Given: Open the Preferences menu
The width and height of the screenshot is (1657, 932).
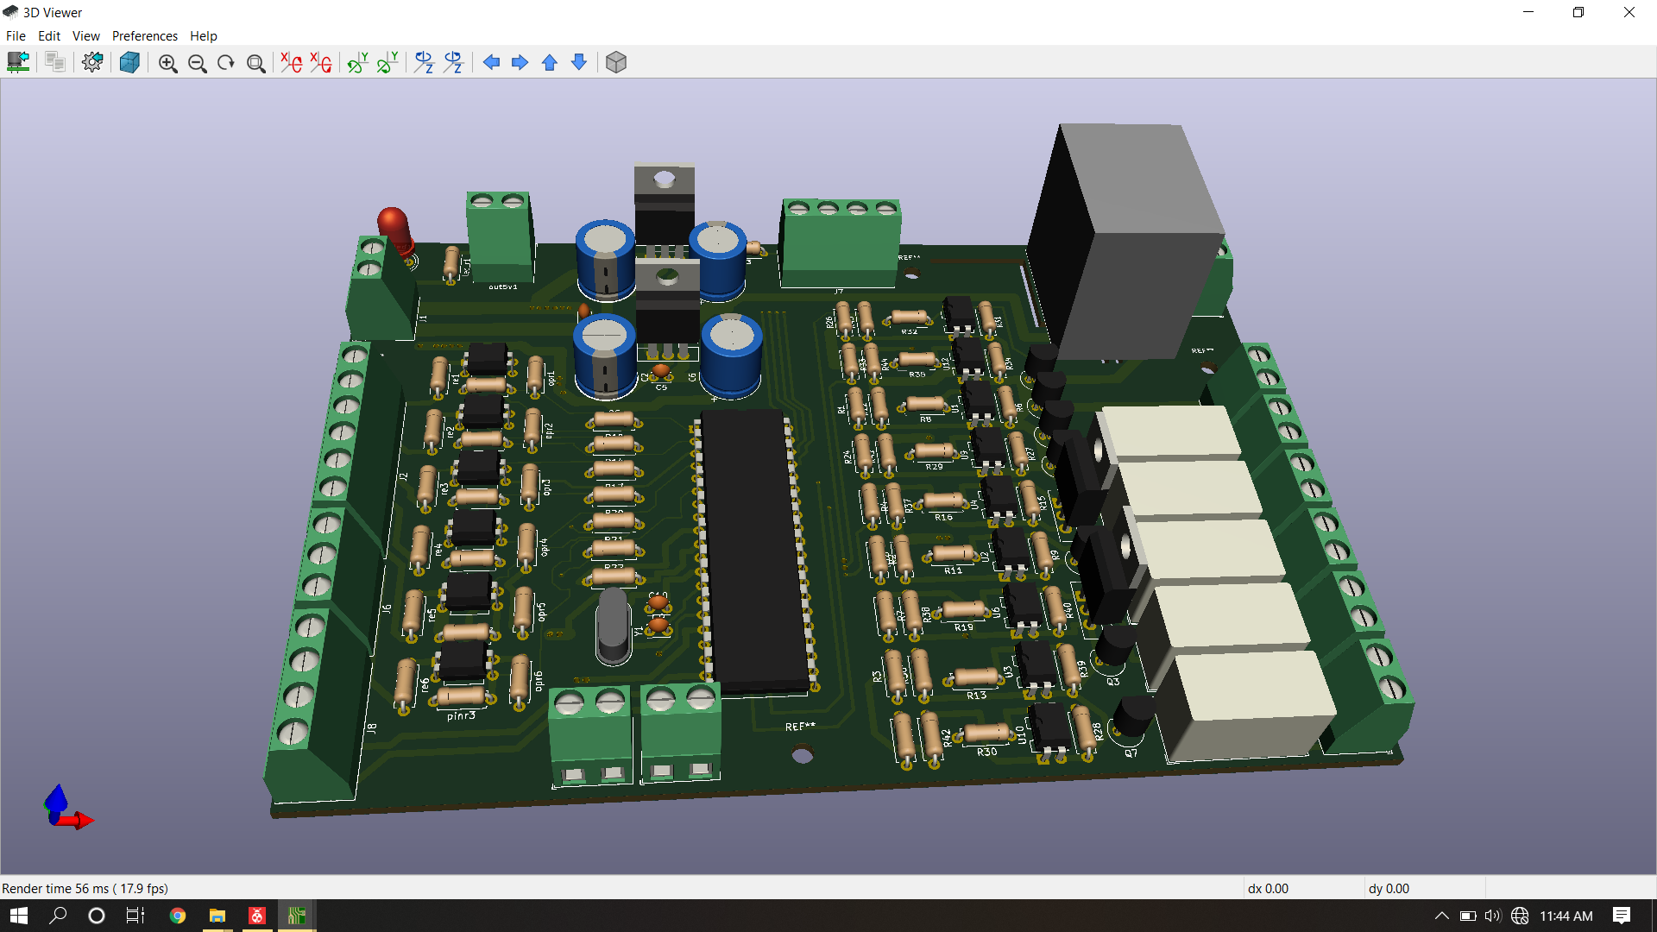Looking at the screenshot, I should (x=144, y=35).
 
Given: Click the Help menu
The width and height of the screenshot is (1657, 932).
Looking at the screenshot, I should (x=203, y=35).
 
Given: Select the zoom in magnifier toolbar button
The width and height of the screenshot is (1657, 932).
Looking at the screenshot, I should (x=167, y=63).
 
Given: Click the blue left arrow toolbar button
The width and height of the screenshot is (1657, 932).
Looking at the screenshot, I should (x=491, y=63).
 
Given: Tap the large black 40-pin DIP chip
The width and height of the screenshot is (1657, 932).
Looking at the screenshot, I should (x=753, y=552).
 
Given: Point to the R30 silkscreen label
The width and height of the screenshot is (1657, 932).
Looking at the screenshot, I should (x=986, y=753).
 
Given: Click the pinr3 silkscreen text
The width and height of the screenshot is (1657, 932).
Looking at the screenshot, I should (x=461, y=715).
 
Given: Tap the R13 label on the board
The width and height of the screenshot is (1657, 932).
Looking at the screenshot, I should (x=976, y=696).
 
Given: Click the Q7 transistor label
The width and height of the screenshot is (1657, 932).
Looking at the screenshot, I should (x=1131, y=753).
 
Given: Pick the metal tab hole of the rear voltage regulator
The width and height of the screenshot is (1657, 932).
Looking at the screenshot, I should (x=665, y=179).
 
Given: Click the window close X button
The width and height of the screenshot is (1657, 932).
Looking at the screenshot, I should (x=1629, y=12).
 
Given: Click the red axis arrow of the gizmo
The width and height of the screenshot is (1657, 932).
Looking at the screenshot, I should (x=82, y=820).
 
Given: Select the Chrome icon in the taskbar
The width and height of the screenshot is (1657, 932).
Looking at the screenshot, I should (x=178, y=916).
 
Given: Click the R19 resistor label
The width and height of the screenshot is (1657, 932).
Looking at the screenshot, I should (x=964, y=627).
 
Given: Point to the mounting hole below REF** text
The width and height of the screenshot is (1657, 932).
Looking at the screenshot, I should (x=803, y=756).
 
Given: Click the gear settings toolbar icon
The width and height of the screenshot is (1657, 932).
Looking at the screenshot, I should (x=92, y=63).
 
